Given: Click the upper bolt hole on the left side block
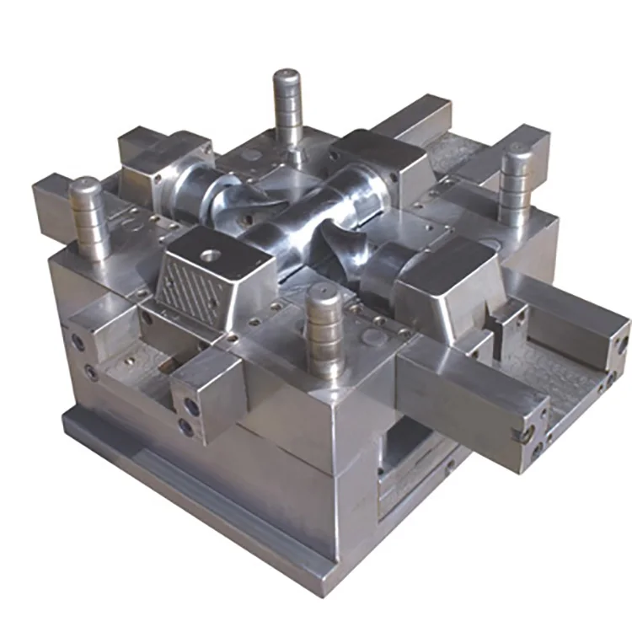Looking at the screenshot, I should click(78, 342).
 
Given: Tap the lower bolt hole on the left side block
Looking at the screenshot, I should click(90, 372).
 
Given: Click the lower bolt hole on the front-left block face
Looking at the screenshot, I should click(187, 429).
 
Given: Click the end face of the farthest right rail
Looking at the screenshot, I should click(620, 345).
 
